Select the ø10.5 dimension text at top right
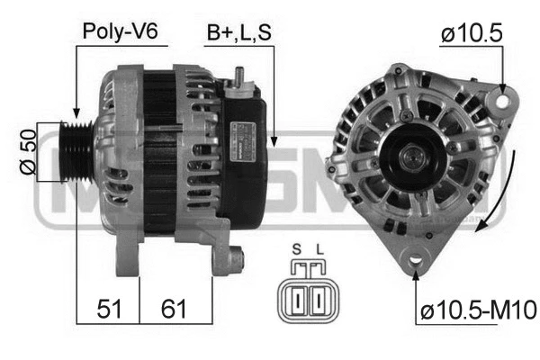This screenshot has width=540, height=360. point(472,34)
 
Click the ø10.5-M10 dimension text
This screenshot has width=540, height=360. point(477,311)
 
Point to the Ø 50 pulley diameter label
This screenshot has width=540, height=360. point(26,152)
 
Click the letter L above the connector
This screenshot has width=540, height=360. point(318,248)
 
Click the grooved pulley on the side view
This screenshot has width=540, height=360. point(77,152)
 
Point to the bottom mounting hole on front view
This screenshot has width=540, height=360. point(416,261)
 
